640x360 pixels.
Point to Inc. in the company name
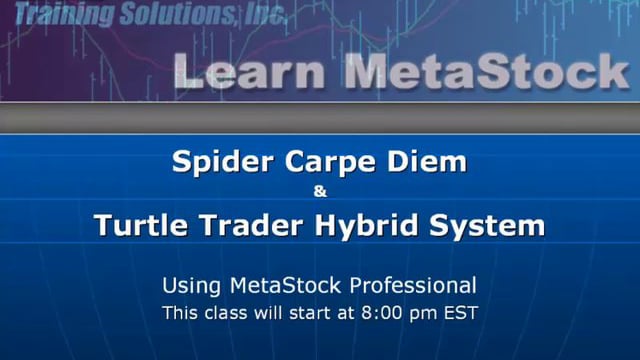(262, 14)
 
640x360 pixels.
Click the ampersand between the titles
(320, 191)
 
